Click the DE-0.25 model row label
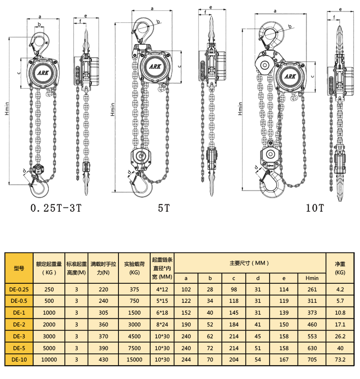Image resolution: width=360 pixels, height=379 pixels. (19, 289)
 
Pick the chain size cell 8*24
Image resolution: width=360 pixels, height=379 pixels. (162, 325)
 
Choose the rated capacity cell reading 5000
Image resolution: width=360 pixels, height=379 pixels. (49, 348)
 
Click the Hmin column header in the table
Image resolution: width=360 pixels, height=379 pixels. (312, 278)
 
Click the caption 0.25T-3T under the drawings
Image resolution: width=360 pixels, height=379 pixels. (56, 208)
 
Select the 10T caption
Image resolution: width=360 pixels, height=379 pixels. (314, 208)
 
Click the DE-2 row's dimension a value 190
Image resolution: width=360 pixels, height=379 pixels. (186, 325)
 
